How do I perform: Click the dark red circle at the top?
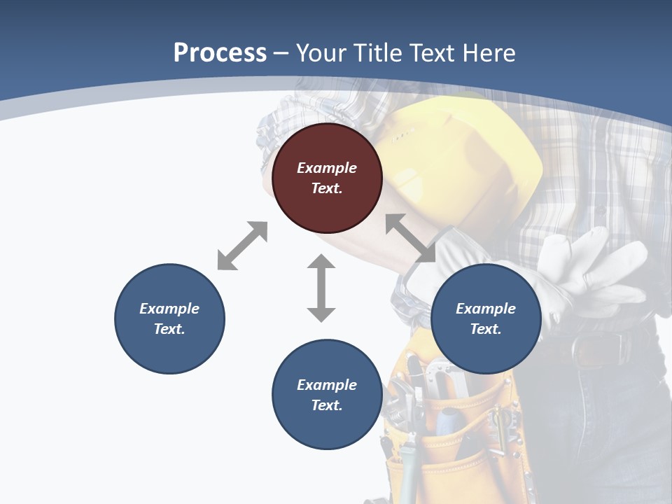[x=327, y=178]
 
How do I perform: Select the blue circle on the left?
[x=169, y=318]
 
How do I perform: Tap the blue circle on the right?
[x=486, y=318]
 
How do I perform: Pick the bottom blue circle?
[x=327, y=395]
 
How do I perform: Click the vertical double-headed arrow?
[x=321, y=288]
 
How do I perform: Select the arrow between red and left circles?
[x=242, y=246]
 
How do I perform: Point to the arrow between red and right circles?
[x=411, y=238]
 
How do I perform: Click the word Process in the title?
[x=220, y=52]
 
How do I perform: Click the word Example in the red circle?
[x=327, y=168]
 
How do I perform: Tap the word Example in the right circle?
[x=486, y=309]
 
